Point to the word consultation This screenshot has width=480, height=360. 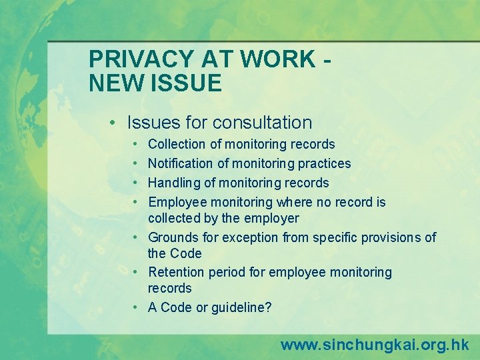pos(262,123)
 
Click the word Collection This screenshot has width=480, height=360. pos(177,144)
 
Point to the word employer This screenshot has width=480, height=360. pos(272,218)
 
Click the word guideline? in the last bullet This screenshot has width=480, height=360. pos(242,307)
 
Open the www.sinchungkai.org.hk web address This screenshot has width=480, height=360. pos(375,345)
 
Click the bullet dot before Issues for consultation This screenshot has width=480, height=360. pos(115,123)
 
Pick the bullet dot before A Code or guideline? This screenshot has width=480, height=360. pos(135,307)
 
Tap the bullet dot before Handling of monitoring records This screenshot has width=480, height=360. pos(135,183)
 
